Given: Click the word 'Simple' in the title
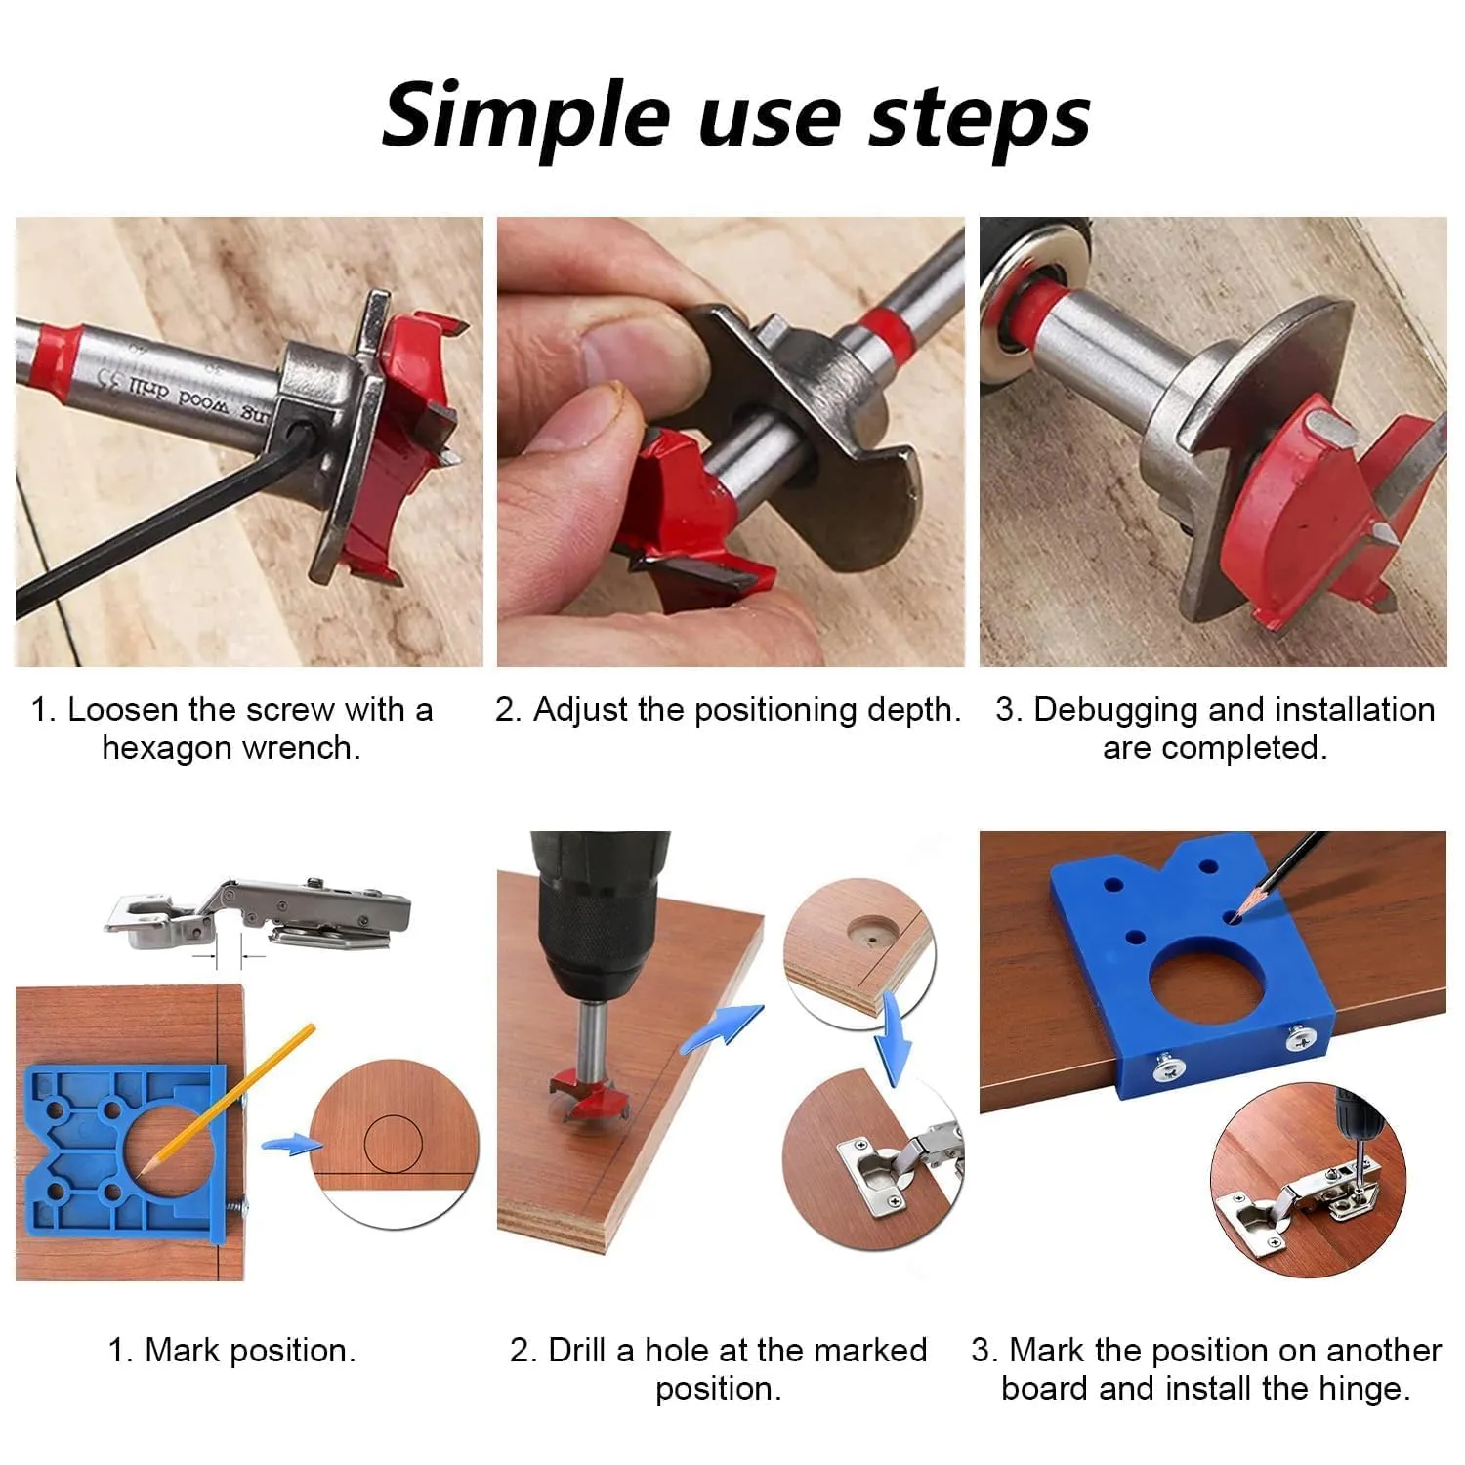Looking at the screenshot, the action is tap(524, 115).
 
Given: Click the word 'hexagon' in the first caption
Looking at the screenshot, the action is tap(166, 748).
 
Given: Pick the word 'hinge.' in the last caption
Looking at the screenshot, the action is tap(1363, 1388).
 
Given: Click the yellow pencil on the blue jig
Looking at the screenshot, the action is tap(227, 1100).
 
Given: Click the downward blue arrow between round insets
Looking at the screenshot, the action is tap(893, 1037).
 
